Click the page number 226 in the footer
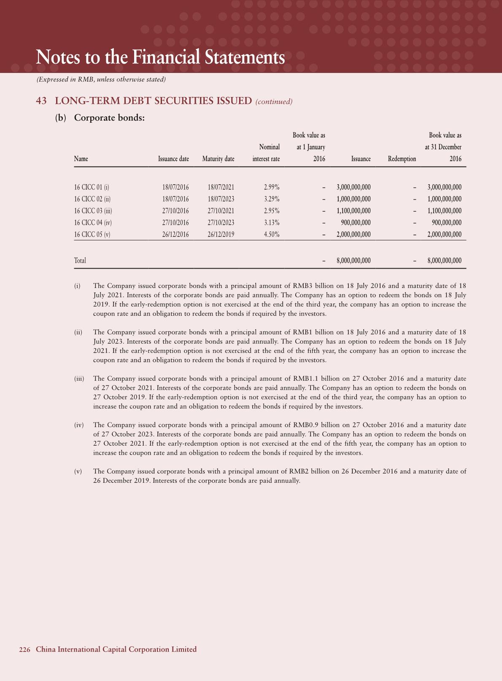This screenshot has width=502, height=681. [x=24, y=650]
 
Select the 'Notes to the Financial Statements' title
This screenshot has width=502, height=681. [x=160, y=57]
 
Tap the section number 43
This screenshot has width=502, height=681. [x=41, y=101]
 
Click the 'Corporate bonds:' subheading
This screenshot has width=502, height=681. [x=109, y=118]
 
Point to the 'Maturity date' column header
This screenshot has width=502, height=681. [x=218, y=159]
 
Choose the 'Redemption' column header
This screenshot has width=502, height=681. [x=402, y=159]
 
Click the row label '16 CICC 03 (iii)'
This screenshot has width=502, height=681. [x=93, y=211]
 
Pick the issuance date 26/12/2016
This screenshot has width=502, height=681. [x=175, y=234]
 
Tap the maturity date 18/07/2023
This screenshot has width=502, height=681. [x=221, y=199]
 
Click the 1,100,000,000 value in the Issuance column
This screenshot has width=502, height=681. [x=354, y=211]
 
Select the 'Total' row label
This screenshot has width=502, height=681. [x=80, y=261]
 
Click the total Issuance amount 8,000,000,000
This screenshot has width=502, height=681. [x=354, y=261]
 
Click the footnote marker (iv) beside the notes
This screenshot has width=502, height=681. [x=79, y=425]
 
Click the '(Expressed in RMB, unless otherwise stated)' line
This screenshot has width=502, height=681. [x=101, y=79]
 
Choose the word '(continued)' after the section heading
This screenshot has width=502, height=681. [x=274, y=102]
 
